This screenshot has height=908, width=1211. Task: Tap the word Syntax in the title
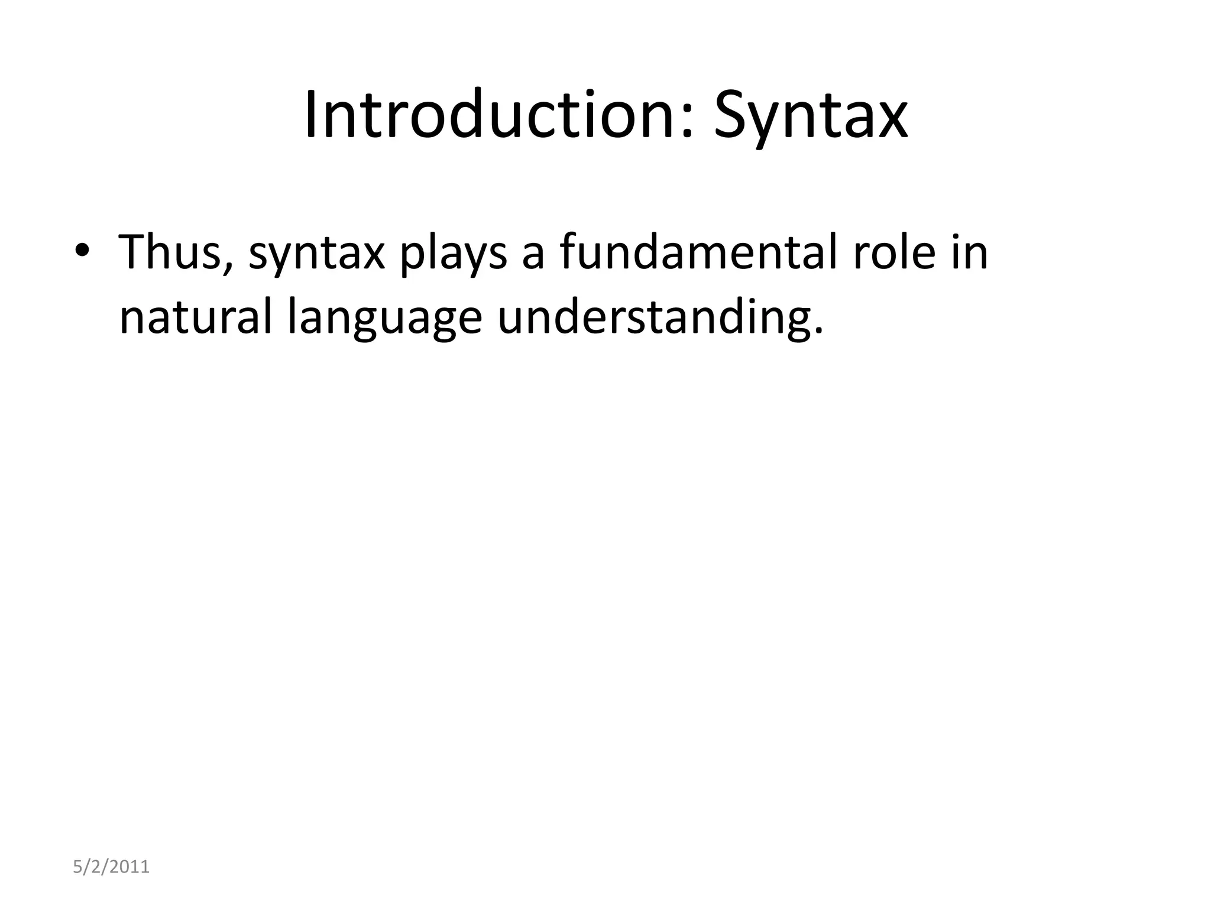810,118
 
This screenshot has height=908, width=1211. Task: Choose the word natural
196,317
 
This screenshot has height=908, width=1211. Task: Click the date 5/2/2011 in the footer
111,867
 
